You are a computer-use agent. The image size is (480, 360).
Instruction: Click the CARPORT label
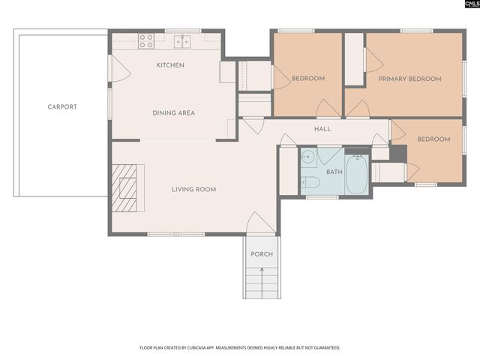[62, 107]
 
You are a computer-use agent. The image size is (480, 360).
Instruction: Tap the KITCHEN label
[170, 66]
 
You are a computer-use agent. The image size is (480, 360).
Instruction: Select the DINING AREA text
[174, 113]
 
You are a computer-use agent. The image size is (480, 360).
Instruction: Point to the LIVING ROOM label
[193, 190]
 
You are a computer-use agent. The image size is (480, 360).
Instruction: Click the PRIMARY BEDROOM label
[409, 79]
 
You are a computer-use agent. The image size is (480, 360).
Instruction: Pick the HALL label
[322, 129]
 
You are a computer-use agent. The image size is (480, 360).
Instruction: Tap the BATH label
[334, 172]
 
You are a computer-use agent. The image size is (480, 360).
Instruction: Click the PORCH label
[262, 254]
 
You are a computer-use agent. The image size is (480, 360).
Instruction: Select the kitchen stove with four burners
[146, 40]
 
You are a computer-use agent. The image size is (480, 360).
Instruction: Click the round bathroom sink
[307, 157]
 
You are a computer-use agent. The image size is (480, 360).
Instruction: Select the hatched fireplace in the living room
[124, 188]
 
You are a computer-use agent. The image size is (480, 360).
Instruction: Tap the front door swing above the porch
[260, 223]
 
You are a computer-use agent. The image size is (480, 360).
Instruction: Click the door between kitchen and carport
[118, 69]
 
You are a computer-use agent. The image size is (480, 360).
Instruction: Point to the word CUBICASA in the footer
[211, 348]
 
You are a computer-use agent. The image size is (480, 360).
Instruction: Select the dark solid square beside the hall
[398, 154]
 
